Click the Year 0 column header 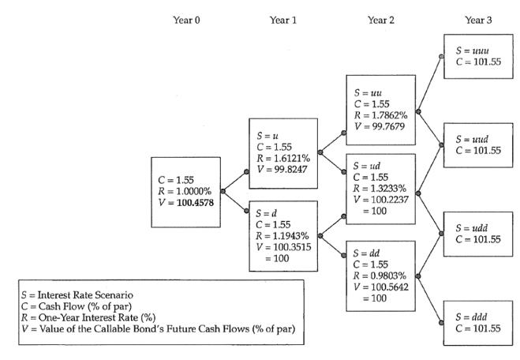click(186, 19)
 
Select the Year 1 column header click(283, 19)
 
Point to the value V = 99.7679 click(379, 115)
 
